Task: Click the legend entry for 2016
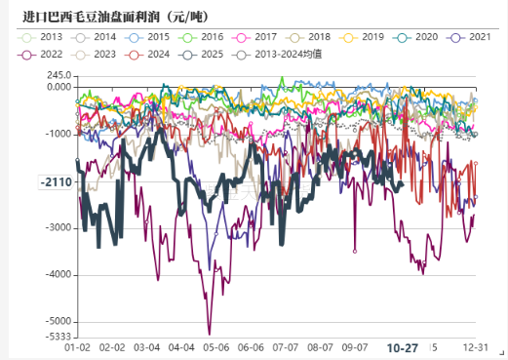pos(201,36)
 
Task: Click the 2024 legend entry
pos(148,53)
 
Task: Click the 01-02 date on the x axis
pos(77,346)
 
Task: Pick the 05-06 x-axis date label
pos(216,346)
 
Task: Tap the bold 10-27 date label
pos(402,347)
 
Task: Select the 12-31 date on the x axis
pos(476,346)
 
